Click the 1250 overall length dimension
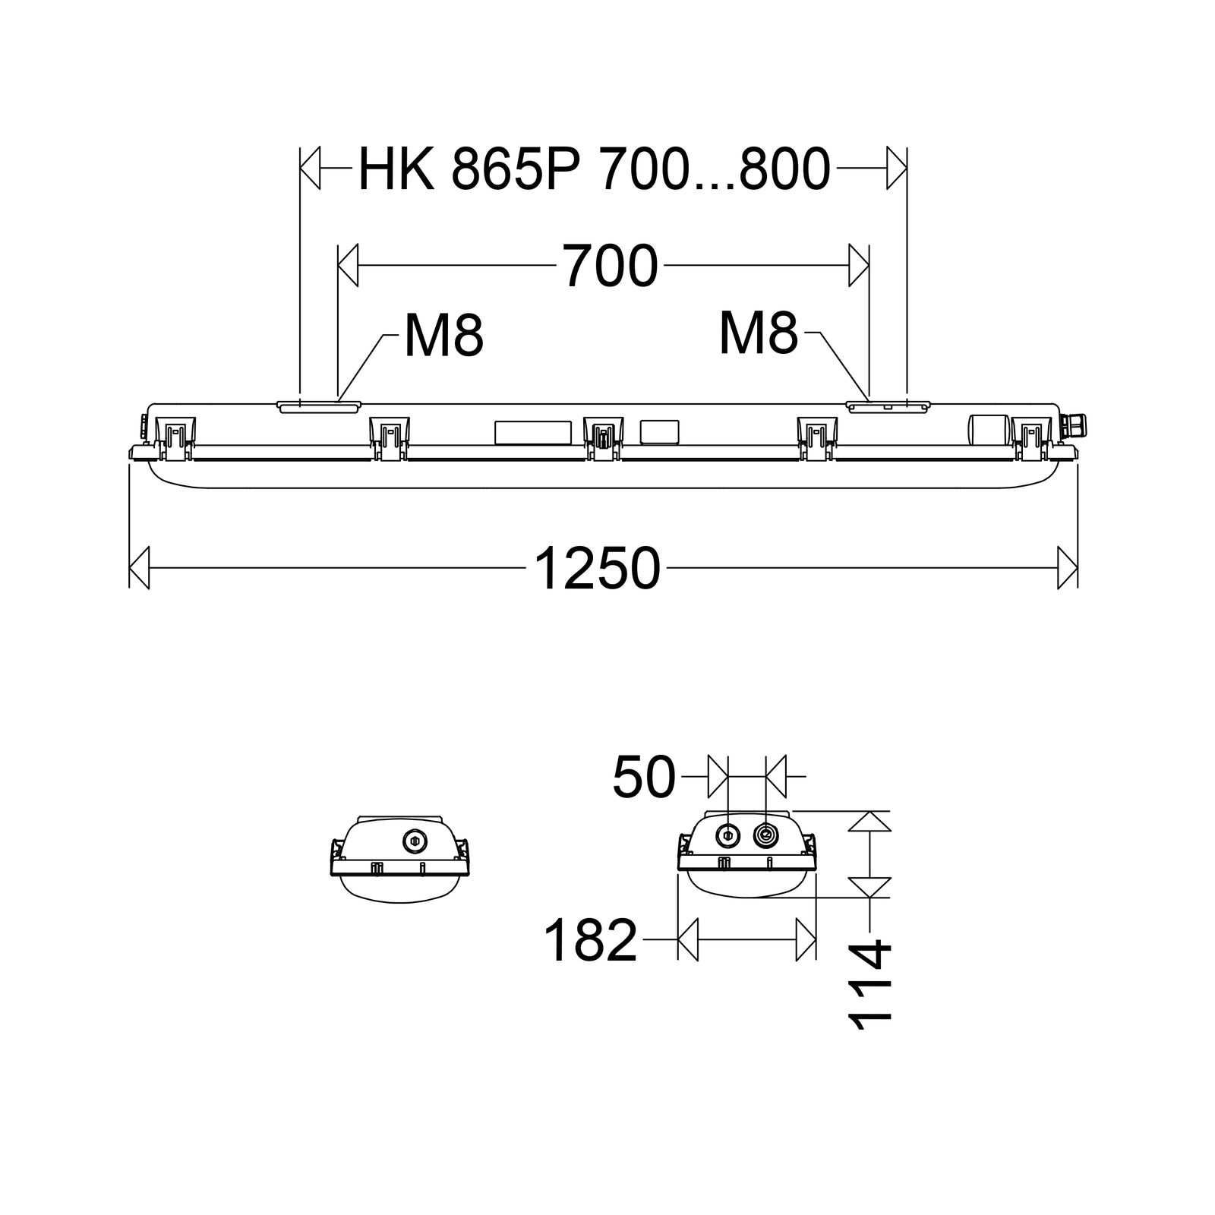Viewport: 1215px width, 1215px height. pos(597,569)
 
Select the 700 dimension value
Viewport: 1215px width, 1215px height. pos(610,267)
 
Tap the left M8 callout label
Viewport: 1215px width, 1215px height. pos(443,336)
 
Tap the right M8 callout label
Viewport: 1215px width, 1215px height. pos(759,334)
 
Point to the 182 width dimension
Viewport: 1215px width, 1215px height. pos(590,941)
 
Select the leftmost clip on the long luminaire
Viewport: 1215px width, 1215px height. pos(173,439)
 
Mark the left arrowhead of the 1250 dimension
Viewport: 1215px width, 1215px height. pos(140,566)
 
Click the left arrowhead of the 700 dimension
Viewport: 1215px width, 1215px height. pos(348,266)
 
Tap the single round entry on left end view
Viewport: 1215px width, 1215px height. pos(414,840)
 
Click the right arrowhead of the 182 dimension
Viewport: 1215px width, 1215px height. pos(806,940)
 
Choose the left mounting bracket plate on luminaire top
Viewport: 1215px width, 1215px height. pos(319,407)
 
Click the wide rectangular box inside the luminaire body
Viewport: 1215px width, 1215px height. pos(532,433)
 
